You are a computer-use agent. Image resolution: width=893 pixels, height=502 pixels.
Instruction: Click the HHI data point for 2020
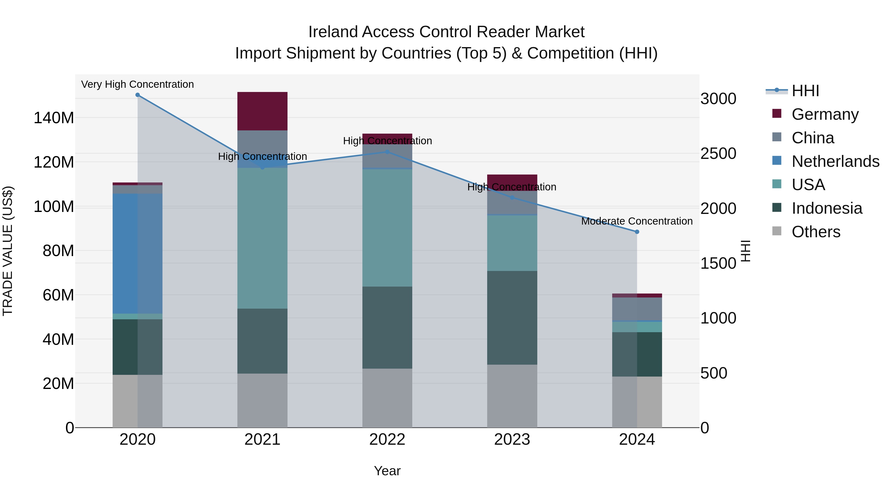[138, 95]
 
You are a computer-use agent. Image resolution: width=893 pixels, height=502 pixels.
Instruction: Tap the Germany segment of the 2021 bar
[262, 111]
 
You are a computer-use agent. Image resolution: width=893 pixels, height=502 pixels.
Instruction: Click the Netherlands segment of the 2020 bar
[138, 254]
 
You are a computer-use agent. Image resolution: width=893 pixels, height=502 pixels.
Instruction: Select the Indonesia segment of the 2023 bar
[512, 318]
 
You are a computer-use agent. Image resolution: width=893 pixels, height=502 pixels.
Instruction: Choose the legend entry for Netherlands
[835, 161]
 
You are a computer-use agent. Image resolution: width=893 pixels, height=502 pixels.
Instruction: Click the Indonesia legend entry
[827, 208]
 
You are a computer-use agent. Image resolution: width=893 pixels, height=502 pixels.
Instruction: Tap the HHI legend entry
[805, 91]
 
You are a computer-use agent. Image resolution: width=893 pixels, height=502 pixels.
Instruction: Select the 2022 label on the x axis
[387, 440]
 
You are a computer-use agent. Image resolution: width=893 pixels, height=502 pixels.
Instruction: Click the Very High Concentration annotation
[138, 84]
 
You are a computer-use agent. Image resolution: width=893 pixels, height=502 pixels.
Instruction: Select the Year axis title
[387, 471]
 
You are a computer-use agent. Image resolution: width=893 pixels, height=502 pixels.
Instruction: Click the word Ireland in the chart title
[333, 32]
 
